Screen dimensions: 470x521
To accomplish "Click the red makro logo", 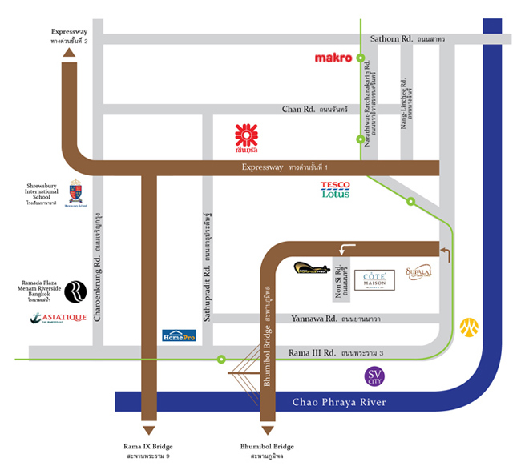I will (x=333, y=58).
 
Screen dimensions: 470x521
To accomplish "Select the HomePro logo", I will (x=179, y=336).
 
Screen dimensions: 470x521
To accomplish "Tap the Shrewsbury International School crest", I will (x=75, y=191).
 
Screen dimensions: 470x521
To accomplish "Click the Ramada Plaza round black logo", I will (x=75, y=291).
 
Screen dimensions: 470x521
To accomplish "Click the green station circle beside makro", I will (x=361, y=58).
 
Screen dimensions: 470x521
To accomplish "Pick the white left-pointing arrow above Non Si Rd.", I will (x=346, y=249).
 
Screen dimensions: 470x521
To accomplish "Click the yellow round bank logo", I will (x=468, y=327).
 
